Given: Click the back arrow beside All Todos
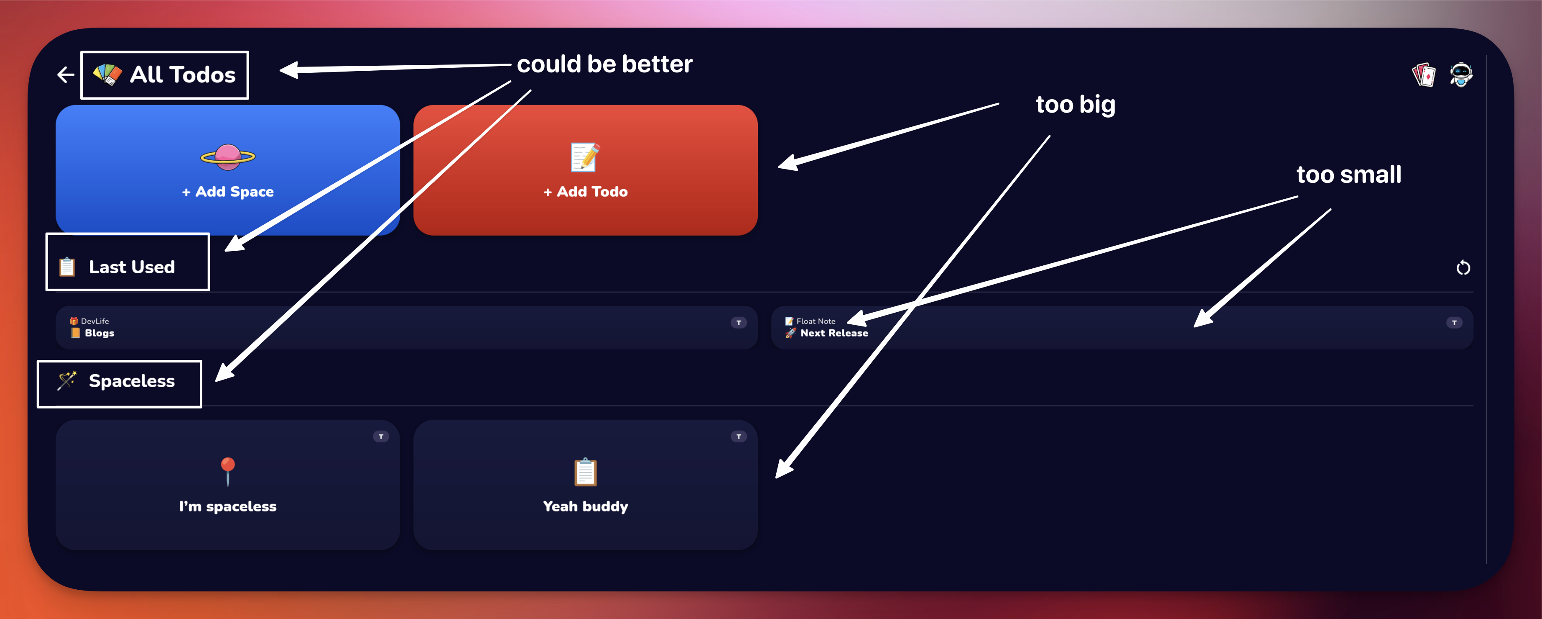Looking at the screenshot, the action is pos(66,75).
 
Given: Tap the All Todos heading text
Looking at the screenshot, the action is pos(183,75).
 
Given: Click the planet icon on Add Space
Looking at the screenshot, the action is pos(228,157).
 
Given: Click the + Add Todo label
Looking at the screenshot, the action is pos(586,192).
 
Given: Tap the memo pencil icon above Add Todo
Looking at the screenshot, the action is pos(585,157).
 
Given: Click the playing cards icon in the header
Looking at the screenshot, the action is pos(1424,75).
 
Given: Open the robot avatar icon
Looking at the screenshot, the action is pos(1461,75).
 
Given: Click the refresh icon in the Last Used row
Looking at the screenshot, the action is pos(1463,267).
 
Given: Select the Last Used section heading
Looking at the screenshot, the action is pos(132,267).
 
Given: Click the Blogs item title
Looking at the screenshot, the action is pos(99,333).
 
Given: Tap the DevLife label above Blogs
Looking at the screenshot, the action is pos(95,321).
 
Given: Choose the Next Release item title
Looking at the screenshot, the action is pos(834,333).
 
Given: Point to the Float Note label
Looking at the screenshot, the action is pos(816,321).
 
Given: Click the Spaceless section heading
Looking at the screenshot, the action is pos(132,381).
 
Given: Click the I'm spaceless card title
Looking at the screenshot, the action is pos(227,506).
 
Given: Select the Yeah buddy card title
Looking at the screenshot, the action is pos(586,506).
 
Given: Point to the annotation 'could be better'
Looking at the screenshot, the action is pos(604,64).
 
